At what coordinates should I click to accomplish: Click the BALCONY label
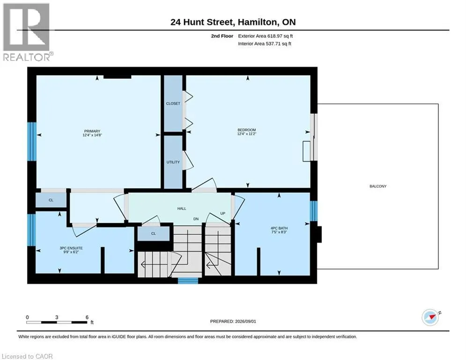[x=378, y=186]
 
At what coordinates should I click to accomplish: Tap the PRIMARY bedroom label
[x=92, y=131]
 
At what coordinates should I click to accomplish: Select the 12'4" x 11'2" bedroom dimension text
[x=247, y=134]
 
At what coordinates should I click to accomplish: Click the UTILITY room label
[x=173, y=162]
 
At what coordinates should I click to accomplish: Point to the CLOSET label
[x=173, y=104]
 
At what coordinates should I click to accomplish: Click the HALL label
[x=182, y=209]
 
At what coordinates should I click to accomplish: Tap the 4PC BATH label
[x=279, y=228]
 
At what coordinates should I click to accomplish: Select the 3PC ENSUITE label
[x=71, y=248]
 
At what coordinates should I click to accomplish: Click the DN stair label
[x=196, y=219]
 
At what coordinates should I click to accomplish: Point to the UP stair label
[x=222, y=213]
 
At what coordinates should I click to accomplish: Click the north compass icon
[x=430, y=317]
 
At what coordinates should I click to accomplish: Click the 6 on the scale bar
[x=87, y=317]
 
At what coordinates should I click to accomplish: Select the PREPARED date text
[x=233, y=321]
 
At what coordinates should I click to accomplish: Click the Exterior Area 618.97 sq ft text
[x=266, y=36]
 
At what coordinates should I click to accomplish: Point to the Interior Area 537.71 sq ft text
[x=265, y=44]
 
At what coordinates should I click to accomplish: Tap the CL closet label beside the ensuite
[x=51, y=200]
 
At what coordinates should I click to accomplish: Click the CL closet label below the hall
[x=153, y=233]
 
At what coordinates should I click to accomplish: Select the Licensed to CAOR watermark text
[x=27, y=356]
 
